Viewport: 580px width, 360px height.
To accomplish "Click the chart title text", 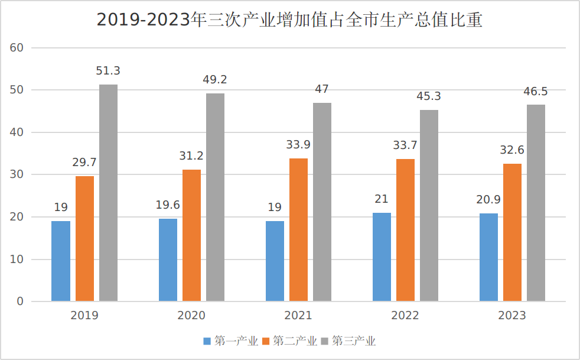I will click(289, 20).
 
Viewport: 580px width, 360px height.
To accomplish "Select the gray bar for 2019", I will click(108, 193).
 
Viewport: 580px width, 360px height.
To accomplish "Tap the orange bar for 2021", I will click(298, 230).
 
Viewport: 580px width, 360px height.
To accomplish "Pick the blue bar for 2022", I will click(382, 257).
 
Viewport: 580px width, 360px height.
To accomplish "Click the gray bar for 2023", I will click(536, 203).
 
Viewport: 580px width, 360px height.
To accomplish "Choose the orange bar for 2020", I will click(191, 235).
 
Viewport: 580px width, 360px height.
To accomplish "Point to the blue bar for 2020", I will click(168, 260).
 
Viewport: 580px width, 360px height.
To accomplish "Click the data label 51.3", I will click(108, 71).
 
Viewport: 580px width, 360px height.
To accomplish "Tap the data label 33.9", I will click(298, 145).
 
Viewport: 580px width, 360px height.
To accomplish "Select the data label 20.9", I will click(488, 200).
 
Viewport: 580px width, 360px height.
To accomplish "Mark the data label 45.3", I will click(429, 96).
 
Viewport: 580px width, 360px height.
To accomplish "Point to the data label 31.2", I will click(191, 156).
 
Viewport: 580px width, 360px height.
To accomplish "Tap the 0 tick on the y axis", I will click(19, 301).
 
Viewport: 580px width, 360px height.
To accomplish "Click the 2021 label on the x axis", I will click(298, 316).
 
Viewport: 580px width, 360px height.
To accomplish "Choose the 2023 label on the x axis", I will click(512, 316).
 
